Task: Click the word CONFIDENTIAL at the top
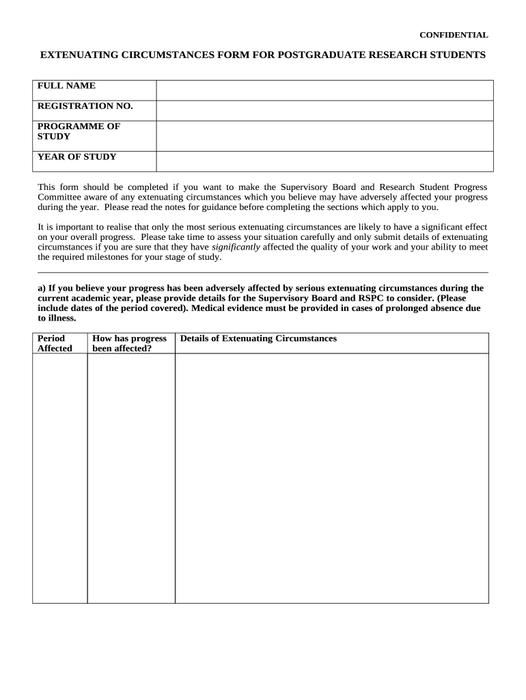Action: [453, 35]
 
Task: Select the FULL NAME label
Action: [66, 86]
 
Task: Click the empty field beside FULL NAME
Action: [324, 90]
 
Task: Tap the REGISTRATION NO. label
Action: [85, 106]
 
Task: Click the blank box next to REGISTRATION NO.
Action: [324, 111]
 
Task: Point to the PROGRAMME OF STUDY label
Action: [78, 131]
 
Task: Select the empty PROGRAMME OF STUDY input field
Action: [324, 136]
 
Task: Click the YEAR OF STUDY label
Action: [77, 157]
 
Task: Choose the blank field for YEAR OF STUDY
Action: [324, 161]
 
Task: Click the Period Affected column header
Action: [54, 343]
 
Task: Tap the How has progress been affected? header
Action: [130, 343]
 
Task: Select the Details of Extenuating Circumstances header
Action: [258, 338]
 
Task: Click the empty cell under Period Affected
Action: [59, 478]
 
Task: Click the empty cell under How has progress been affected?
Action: [130, 478]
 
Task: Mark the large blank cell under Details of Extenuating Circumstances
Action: [331, 478]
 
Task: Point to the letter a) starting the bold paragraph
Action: [41, 288]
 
